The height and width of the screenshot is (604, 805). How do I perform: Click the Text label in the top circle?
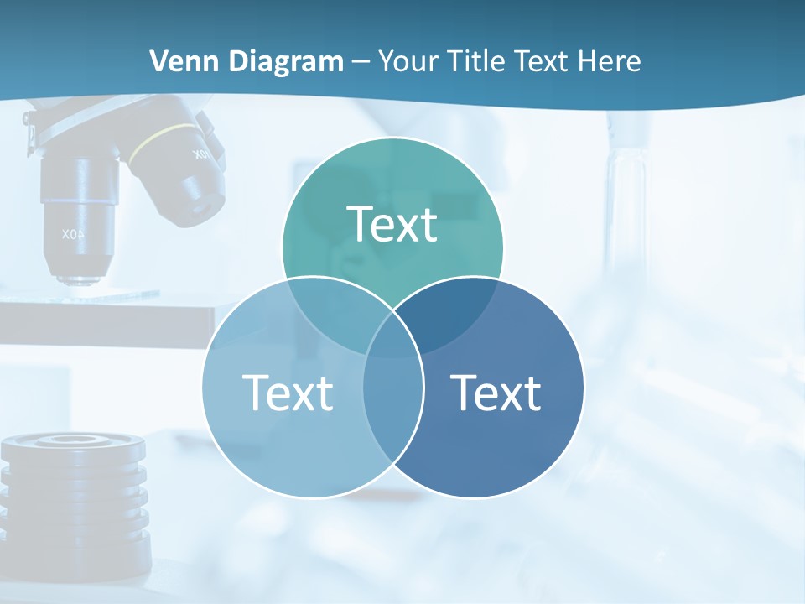point(392,225)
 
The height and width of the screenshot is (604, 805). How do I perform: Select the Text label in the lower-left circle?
point(288,393)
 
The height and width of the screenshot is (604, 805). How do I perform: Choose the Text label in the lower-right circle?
point(496,393)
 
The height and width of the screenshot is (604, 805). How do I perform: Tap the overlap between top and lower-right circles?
point(453,315)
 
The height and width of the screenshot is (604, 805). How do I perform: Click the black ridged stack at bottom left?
point(75,495)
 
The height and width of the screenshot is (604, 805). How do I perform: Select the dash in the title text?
point(361,61)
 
